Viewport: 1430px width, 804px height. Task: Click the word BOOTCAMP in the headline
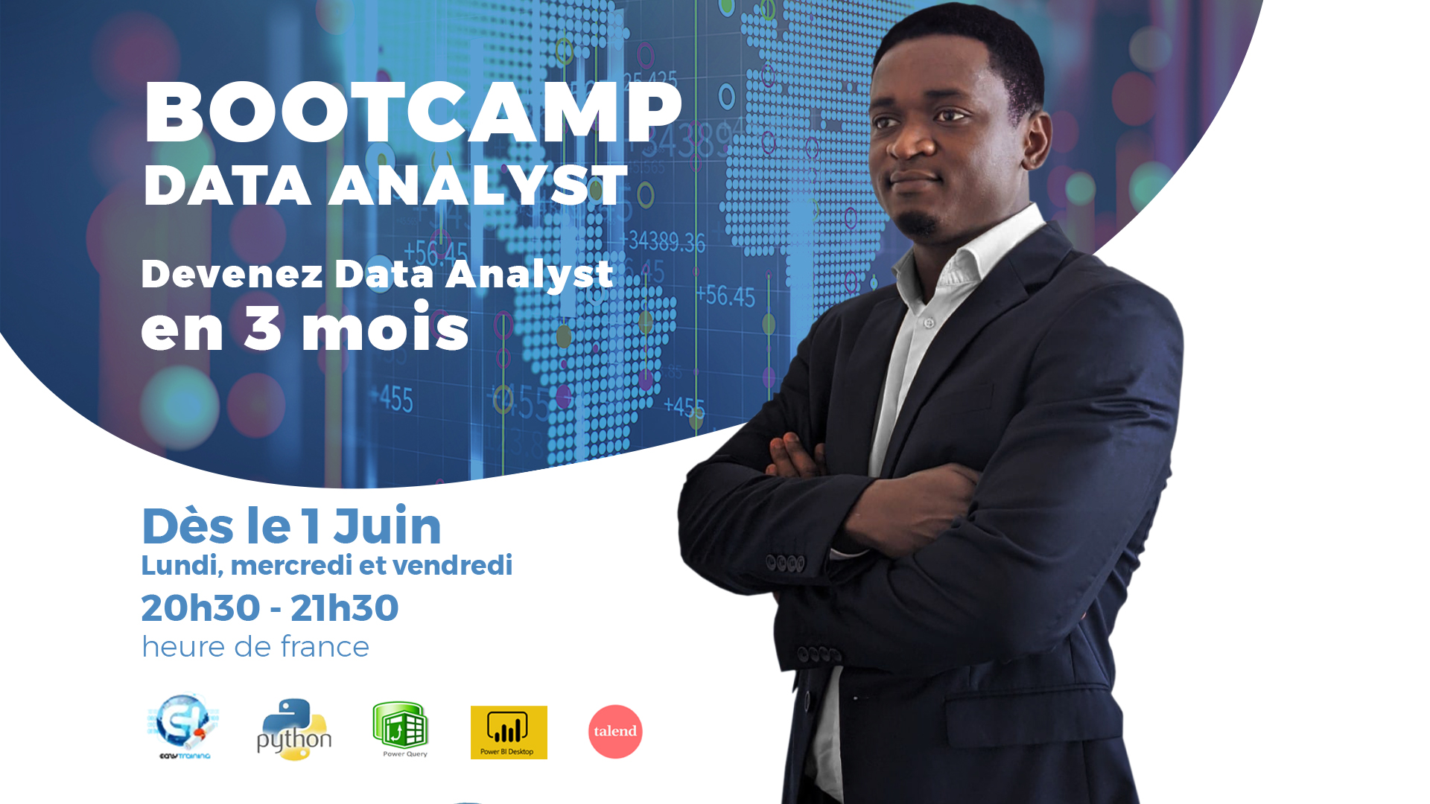[x=413, y=112]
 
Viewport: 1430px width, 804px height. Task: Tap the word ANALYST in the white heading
[x=478, y=185]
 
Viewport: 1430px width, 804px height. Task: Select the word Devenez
[x=232, y=273]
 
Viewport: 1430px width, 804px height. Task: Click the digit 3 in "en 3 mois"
[x=263, y=327]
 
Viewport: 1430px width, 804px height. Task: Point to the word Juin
[x=387, y=526]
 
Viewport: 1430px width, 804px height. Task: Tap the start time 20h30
[x=201, y=608]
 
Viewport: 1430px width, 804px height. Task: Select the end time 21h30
[x=344, y=608]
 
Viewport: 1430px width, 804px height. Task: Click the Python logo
[x=294, y=730]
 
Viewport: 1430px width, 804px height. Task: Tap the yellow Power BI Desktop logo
[x=509, y=733]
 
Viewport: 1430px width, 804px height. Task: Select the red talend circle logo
[x=615, y=732]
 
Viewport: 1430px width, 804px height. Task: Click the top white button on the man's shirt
[x=929, y=324]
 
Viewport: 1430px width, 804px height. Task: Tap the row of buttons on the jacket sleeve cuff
[x=785, y=563]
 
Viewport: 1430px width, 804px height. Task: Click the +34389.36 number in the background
[x=662, y=241]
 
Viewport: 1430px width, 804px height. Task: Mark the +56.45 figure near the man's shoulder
[x=725, y=296]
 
